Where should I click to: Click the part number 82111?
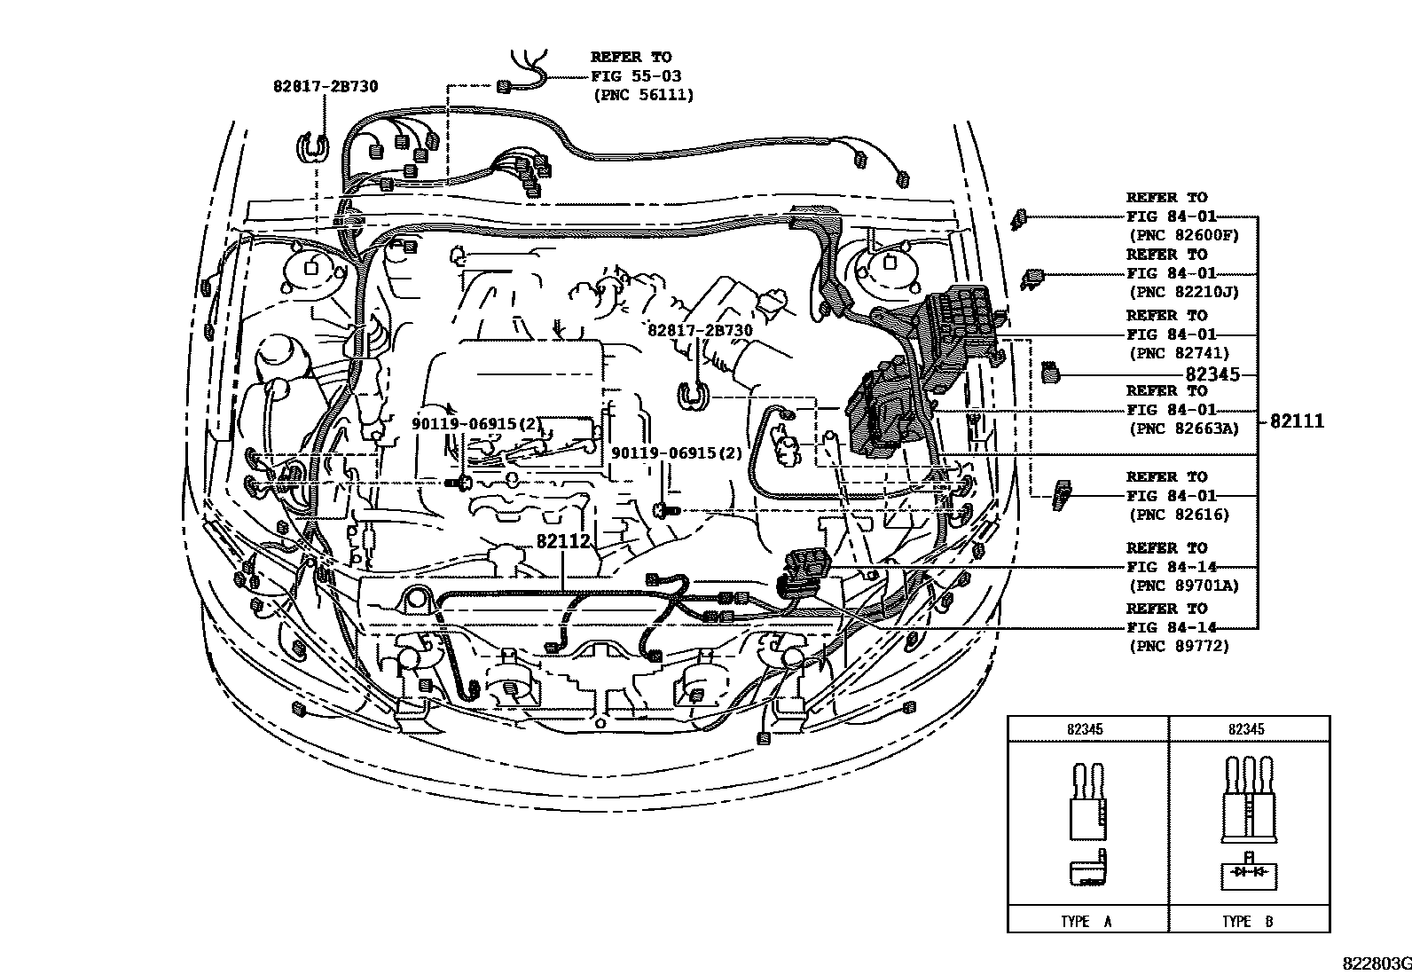(x=1297, y=421)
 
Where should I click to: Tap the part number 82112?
(x=563, y=542)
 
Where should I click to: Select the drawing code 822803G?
(x=1375, y=963)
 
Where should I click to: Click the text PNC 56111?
(x=644, y=95)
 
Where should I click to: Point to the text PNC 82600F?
(x=1182, y=235)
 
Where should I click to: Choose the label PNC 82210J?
(x=1182, y=292)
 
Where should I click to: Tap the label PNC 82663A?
(x=1182, y=429)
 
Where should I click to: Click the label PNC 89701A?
(x=1182, y=586)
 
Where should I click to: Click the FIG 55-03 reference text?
(x=636, y=76)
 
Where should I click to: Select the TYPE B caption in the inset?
(x=1248, y=921)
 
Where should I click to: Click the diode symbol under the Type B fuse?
(x=1248, y=873)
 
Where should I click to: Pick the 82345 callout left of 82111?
(x=1212, y=374)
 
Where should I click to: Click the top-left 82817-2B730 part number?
(x=326, y=86)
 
